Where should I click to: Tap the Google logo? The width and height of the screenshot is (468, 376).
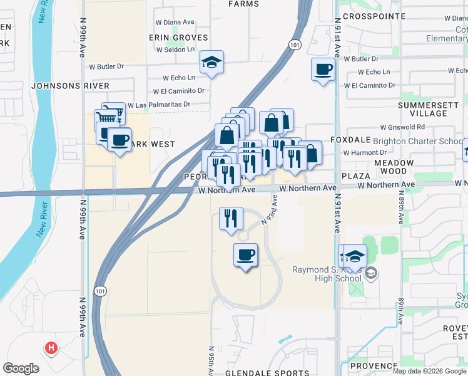tap(21, 368)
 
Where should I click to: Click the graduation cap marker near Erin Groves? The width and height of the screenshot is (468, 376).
tap(211, 63)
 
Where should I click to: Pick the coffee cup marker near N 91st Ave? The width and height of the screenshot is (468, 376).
tap(323, 70)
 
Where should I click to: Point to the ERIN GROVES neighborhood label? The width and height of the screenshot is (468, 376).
tap(178, 38)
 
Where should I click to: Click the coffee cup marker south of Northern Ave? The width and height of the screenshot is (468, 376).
tap(245, 255)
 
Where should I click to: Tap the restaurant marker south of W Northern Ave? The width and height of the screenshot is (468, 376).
tap(231, 219)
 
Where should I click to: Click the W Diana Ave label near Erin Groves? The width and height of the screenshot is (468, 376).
tap(175, 22)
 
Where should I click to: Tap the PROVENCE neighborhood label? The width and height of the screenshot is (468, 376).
tap(374, 366)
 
